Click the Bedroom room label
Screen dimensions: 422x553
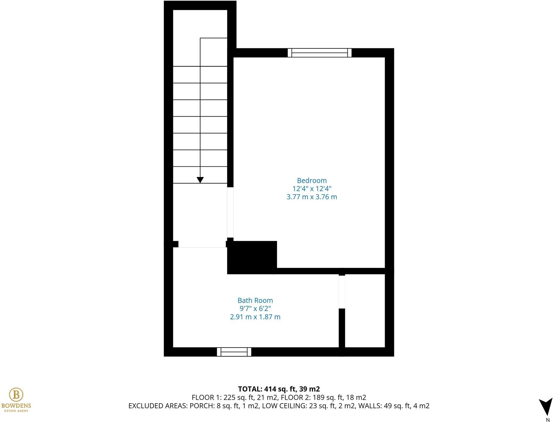point(311,181)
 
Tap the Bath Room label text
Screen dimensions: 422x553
point(255,300)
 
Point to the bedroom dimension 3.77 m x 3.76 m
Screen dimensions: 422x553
point(311,197)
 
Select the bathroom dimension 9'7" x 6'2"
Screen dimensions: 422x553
point(255,309)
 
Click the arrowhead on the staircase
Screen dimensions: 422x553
point(200,180)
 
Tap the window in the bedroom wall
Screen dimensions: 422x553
point(319,53)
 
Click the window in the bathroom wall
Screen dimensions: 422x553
point(234,352)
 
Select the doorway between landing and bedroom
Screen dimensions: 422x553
point(230,212)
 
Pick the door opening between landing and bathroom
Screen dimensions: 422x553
point(202,244)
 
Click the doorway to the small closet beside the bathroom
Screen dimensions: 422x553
point(342,292)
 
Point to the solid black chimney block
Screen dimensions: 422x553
point(252,257)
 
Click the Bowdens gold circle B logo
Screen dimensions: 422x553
point(16,395)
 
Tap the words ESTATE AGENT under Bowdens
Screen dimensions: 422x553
point(16,411)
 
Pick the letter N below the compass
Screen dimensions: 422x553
point(548,420)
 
